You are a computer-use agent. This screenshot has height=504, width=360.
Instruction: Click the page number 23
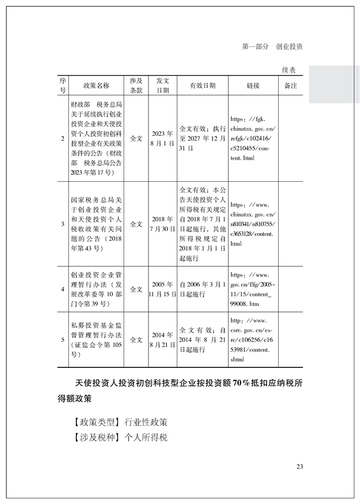coord(299,467)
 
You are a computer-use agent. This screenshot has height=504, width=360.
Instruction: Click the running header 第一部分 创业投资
coord(272,47)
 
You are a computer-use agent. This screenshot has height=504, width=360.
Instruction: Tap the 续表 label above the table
coord(288,71)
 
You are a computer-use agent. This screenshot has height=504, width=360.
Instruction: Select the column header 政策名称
coord(96,86)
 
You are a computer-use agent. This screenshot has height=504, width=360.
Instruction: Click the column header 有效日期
coord(202,86)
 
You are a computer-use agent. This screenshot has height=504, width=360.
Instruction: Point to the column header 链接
coord(253,86)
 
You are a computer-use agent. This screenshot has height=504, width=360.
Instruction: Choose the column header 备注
coord(291,86)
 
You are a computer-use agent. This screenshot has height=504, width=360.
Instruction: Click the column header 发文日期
coord(163,86)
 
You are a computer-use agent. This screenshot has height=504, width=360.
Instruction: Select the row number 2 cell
coord(63,138)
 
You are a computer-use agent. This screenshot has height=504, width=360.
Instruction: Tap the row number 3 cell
coord(63,224)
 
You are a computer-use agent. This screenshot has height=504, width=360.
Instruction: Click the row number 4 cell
coord(63,289)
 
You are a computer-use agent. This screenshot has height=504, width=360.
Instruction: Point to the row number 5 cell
coord(63,340)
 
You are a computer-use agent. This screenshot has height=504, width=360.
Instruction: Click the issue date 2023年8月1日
coord(163,138)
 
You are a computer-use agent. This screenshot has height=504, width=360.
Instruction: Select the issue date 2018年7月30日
coord(163,224)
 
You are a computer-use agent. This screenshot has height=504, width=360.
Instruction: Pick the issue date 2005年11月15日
coord(163,289)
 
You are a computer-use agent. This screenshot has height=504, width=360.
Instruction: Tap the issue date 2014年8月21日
coord(163,340)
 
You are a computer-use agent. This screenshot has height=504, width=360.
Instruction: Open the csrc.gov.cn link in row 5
coord(253,340)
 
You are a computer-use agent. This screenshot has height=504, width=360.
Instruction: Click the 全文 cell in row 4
coord(136,289)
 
